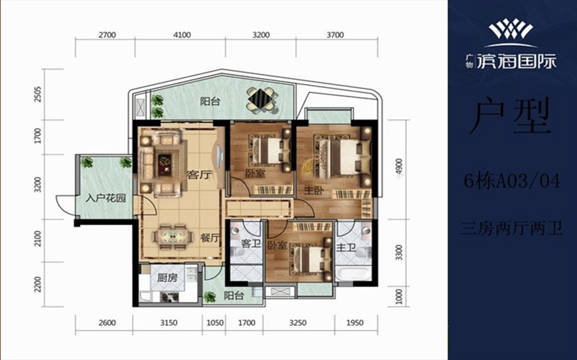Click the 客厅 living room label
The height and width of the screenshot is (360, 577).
point(200,175)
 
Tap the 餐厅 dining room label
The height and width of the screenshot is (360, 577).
point(210,238)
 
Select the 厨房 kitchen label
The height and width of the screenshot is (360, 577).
point(167,278)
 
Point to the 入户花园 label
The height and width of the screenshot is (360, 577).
point(106,199)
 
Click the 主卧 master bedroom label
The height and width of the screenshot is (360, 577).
point(314,190)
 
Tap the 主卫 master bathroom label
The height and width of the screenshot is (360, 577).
point(346,248)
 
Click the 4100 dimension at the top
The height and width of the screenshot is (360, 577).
point(182,35)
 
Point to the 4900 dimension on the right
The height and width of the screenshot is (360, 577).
point(399,167)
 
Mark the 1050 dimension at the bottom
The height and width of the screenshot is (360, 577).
point(215,323)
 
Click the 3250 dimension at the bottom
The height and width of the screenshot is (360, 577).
point(297,323)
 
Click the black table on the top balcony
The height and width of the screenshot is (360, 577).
point(261,98)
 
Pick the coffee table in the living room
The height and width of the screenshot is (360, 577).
point(164,164)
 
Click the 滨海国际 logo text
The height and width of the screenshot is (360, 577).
point(517,62)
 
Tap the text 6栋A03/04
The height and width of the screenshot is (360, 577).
point(512,181)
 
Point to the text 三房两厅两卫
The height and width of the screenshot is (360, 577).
point(512,229)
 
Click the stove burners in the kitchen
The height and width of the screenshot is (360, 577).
point(169,297)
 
